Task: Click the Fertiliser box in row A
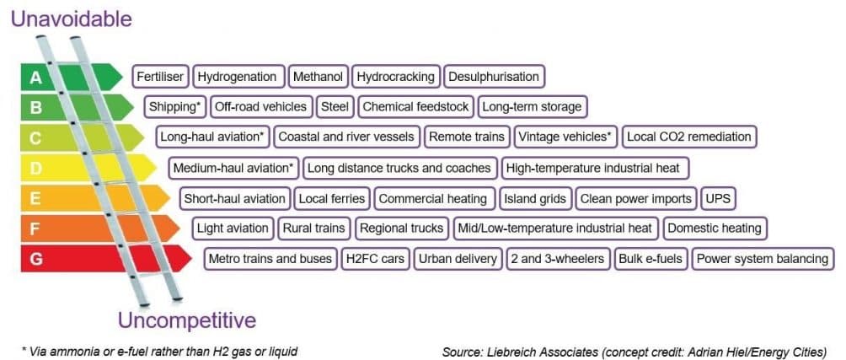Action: click(x=161, y=77)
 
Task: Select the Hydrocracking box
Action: click(x=395, y=77)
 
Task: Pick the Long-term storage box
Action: click(x=531, y=107)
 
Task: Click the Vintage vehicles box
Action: click(x=565, y=137)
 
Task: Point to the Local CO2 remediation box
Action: click(x=688, y=137)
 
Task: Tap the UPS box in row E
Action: click(x=718, y=199)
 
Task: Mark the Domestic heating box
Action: click(x=715, y=228)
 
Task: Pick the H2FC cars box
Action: click(x=375, y=259)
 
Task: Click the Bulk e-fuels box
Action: click(x=650, y=259)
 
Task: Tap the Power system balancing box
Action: click(x=763, y=259)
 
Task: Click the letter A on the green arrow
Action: click(x=35, y=78)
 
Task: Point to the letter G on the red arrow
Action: click(x=36, y=259)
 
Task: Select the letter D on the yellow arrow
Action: click(x=36, y=169)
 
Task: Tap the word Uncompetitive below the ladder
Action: click(x=186, y=321)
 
